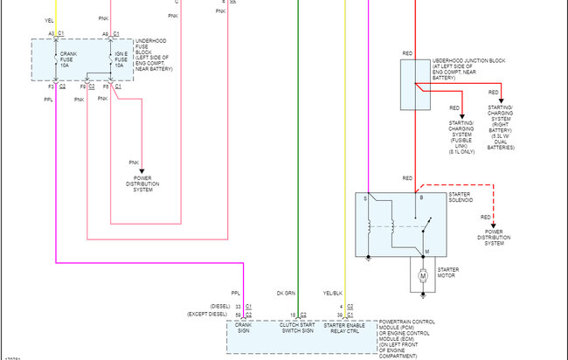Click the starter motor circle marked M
click(x=423, y=276)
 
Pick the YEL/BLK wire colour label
click(x=333, y=293)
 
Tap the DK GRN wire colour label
click(x=287, y=293)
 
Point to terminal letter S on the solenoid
click(x=366, y=200)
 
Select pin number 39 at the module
click(x=340, y=314)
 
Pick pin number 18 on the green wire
click(x=293, y=314)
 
